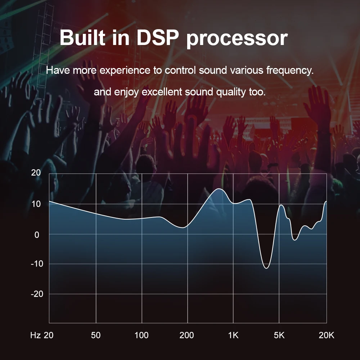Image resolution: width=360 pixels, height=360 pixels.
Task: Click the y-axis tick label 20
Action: pyautogui.click(x=36, y=173)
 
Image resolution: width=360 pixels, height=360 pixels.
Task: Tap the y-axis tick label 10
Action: pyautogui.click(x=36, y=204)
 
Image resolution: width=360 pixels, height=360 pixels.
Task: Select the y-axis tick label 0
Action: pyautogui.click(x=36, y=234)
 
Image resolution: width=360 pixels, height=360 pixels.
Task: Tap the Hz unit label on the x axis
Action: pyautogui.click(x=35, y=336)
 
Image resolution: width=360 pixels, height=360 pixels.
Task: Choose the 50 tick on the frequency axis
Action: pyautogui.click(x=96, y=336)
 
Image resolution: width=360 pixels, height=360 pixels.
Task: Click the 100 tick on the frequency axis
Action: pyautogui.click(x=141, y=336)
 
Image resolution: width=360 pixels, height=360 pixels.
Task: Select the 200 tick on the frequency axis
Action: pyautogui.click(x=186, y=336)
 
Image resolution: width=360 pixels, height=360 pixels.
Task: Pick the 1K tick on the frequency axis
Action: pyautogui.click(x=233, y=336)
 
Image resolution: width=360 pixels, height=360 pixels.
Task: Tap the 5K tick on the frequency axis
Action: pyautogui.click(x=279, y=336)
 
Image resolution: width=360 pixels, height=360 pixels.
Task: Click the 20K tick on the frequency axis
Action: pyautogui.click(x=327, y=336)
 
